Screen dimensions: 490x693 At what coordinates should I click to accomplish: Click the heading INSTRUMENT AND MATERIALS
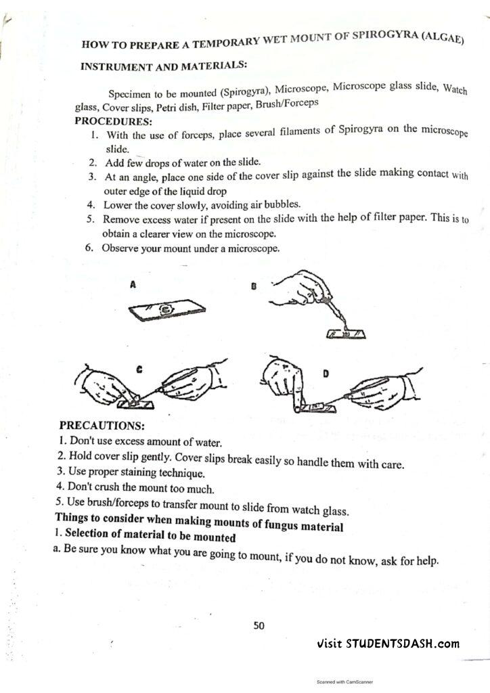point(164,66)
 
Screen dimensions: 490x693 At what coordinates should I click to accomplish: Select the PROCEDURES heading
point(114,121)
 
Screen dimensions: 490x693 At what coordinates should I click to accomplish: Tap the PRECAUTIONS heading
point(102,426)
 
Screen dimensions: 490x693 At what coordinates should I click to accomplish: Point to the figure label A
point(133,285)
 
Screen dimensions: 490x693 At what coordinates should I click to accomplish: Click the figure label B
point(254,286)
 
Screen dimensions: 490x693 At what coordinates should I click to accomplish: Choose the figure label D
point(326,374)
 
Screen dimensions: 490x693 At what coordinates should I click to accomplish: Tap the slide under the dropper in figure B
point(347,334)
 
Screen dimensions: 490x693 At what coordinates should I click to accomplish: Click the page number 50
point(259,625)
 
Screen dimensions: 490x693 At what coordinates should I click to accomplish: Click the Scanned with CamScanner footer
point(344,682)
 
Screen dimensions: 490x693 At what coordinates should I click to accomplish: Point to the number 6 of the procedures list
point(89,247)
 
